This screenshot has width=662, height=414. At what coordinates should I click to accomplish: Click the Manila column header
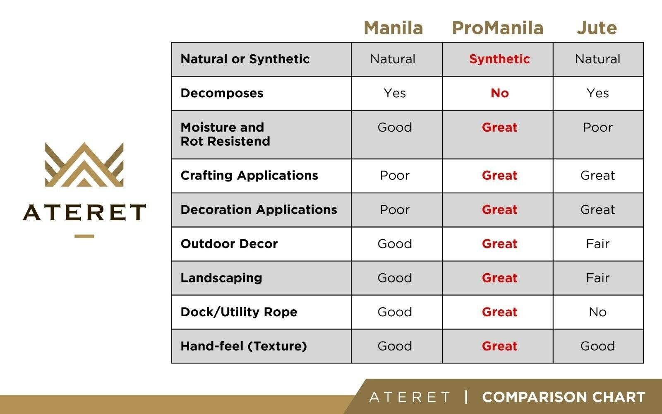[x=393, y=28]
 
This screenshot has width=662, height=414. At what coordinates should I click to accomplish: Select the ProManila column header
[x=498, y=28]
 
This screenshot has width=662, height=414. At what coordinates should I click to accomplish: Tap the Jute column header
[x=597, y=28]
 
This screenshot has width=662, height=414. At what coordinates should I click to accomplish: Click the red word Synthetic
[x=499, y=59]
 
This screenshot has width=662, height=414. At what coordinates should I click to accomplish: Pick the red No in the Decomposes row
[x=500, y=94]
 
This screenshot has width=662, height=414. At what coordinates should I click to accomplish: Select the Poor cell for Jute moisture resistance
[x=597, y=128]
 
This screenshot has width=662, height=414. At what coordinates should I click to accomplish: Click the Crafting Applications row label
[x=249, y=176]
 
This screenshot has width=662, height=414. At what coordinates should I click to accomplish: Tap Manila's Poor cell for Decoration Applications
[x=395, y=209]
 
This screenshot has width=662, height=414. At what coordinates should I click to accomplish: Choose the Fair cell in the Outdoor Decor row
[x=597, y=244]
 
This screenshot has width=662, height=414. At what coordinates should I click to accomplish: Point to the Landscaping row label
[x=221, y=278]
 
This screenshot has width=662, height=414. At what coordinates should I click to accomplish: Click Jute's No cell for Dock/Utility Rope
[x=597, y=312]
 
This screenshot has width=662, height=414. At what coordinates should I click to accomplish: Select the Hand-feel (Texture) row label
[x=244, y=346]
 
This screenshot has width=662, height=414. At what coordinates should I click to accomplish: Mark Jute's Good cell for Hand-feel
[x=597, y=346]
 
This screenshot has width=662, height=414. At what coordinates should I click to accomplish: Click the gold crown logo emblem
[x=84, y=165]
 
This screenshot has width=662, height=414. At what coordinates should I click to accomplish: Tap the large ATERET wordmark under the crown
[x=84, y=212]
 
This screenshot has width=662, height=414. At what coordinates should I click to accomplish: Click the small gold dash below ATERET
[x=84, y=236]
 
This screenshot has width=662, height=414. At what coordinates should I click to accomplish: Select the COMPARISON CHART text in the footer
[x=564, y=397]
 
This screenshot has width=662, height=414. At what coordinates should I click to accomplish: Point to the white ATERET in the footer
[x=410, y=397]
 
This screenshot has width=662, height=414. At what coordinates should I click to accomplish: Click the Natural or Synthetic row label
[x=245, y=59]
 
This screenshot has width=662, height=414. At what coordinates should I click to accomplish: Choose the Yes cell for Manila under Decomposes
[x=395, y=94]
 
